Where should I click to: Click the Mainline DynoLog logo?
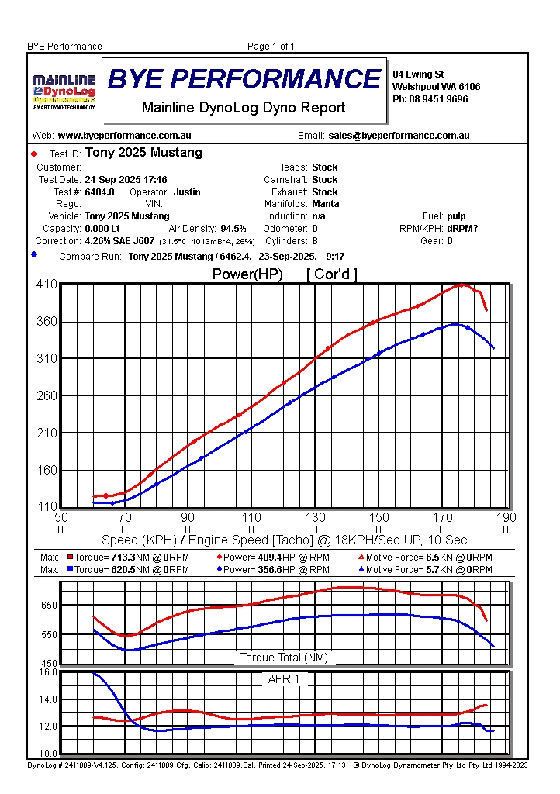coord(64,91)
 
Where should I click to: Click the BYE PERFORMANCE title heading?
coord(244,79)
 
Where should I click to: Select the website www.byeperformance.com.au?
coord(124,136)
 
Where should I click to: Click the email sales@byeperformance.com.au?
coord(399,136)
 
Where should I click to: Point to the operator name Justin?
coord(186,192)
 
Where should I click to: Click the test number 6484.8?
coord(99,192)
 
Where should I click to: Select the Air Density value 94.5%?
coord(233,229)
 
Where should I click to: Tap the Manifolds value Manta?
coord(325,204)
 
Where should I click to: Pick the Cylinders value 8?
coord(315,241)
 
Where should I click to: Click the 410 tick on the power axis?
coord(47,285)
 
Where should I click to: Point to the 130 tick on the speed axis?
coord(315,518)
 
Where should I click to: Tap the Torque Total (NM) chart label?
coord(284,658)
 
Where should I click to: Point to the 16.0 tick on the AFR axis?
coord(48,671)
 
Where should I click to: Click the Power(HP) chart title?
coord(247,274)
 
